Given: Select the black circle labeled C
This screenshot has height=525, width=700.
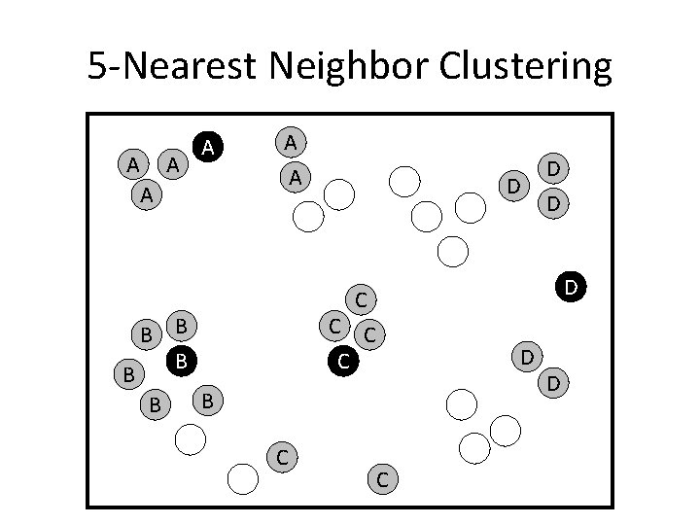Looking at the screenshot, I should [x=341, y=363].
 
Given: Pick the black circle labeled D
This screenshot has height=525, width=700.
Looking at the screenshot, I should [x=571, y=287].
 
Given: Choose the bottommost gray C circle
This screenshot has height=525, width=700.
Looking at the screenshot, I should [x=382, y=477].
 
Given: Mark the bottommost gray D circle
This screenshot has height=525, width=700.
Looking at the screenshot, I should [x=552, y=384].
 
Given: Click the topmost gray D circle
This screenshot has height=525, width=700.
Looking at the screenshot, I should [x=552, y=168].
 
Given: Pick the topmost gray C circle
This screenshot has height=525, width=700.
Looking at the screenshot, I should [x=359, y=298].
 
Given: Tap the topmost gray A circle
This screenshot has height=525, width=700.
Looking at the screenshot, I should [x=290, y=143].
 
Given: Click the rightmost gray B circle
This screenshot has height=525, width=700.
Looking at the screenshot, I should [x=209, y=399].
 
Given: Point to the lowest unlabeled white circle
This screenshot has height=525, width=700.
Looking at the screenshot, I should [x=243, y=477].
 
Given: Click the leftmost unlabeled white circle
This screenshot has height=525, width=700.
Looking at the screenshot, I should [x=191, y=440].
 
